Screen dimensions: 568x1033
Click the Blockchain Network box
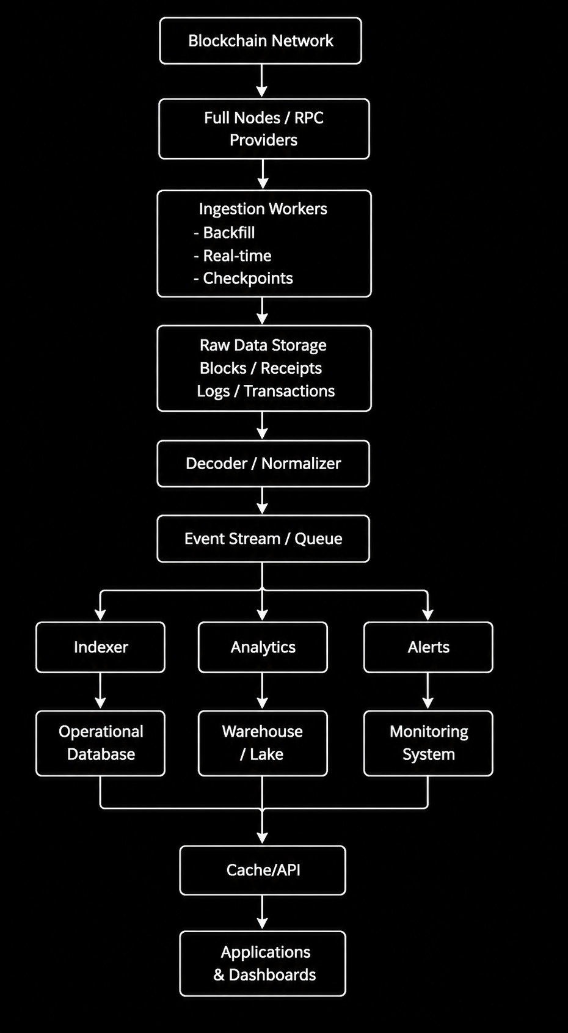pyautogui.click(x=261, y=40)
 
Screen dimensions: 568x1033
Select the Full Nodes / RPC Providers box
pyautogui.click(x=264, y=129)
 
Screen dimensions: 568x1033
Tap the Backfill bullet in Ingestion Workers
pyautogui.click(x=225, y=233)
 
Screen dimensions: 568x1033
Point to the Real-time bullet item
pyautogui.click(x=233, y=255)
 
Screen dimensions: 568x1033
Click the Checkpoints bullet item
pyautogui.click(x=244, y=278)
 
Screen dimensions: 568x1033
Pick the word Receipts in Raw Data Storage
pyautogui.click(x=291, y=368)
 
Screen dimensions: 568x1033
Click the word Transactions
pyautogui.click(x=289, y=390)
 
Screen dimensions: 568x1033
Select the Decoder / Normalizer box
pyautogui.click(x=263, y=464)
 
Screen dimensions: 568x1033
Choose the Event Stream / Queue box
pyautogui.click(x=263, y=539)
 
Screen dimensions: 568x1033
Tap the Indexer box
pyautogui.click(x=101, y=647)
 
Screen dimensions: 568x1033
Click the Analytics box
pyautogui.click(x=263, y=647)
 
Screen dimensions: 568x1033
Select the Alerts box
pyautogui.click(x=428, y=647)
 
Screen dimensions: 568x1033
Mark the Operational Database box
pyautogui.click(x=101, y=743)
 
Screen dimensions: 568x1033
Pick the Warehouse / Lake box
pyautogui.click(x=263, y=743)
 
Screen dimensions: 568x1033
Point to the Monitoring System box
pyautogui.click(x=428, y=743)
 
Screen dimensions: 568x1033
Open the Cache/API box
pyautogui.click(x=263, y=871)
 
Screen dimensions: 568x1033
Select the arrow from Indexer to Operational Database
pyautogui.click(x=101, y=690)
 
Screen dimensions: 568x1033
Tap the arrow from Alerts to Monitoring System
pyautogui.click(x=428, y=690)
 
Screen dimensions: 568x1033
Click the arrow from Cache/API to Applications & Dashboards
pyautogui.click(x=263, y=912)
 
